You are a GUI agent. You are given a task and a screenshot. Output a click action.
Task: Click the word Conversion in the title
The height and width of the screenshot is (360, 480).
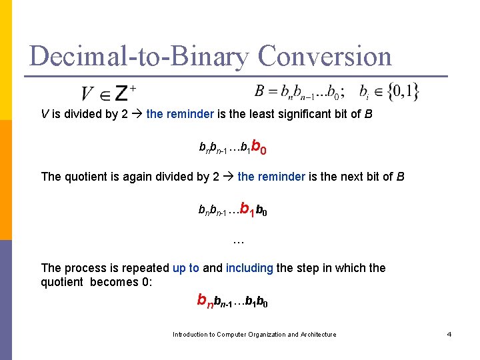point(325,56)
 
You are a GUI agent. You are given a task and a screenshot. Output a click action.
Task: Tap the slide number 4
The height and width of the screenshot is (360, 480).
point(449,334)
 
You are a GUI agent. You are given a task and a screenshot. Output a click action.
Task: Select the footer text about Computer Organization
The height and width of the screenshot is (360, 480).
point(254,334)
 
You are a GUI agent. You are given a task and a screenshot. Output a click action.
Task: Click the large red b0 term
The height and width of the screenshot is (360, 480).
point(260,147)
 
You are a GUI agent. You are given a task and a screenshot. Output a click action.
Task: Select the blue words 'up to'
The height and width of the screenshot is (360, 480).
point(186,268)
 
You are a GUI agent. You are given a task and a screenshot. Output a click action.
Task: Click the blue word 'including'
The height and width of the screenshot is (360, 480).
point(249,268)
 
